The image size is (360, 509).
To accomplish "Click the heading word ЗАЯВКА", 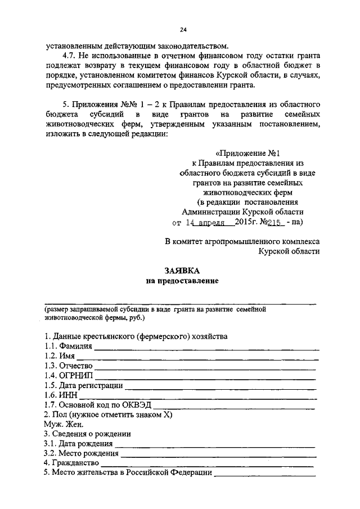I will [180, 270].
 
